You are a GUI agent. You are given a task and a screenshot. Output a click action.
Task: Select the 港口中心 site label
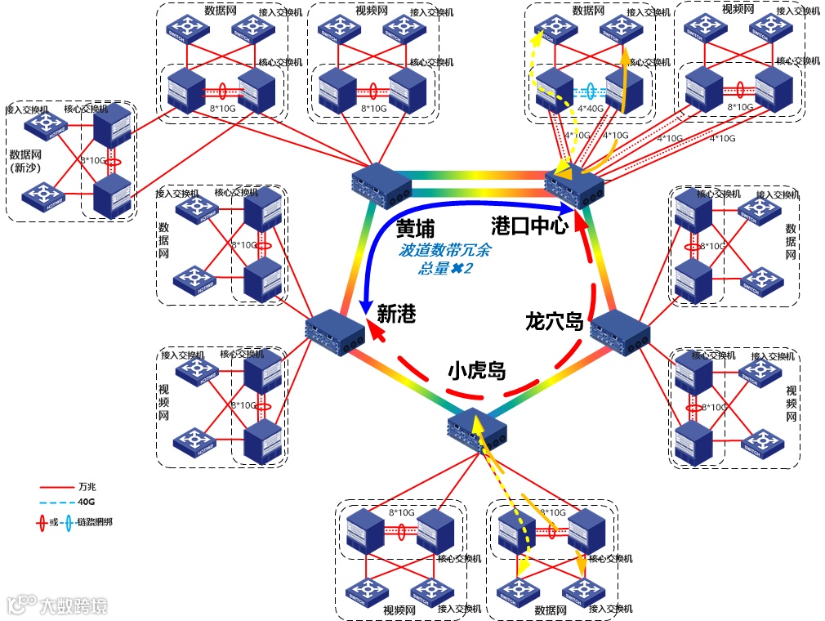(528, 226)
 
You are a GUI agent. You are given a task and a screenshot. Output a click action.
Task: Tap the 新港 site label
(397, 314)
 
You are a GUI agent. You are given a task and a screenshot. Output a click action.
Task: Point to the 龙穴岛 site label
(555, 322)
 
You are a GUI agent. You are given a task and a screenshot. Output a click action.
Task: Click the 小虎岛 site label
(476, 372)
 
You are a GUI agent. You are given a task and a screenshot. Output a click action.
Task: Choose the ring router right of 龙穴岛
(620, 332)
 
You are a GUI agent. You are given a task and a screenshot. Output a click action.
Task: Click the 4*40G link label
(591, 107)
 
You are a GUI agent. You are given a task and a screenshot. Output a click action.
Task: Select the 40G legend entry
(87, 503)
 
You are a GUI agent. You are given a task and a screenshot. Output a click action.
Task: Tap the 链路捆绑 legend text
(94, 521)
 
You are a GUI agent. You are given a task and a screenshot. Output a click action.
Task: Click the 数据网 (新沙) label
(26, 161)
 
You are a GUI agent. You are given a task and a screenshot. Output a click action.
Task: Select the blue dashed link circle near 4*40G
(590, 92)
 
